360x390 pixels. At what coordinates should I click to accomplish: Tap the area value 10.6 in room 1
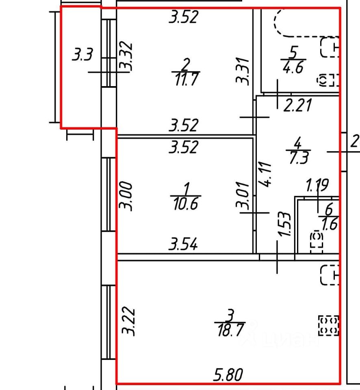(185, 203)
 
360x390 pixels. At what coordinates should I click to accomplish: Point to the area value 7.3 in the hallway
(297, 157)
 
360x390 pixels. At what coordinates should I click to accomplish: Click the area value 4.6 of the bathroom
(293, 67)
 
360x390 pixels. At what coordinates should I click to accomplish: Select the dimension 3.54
(184, 245)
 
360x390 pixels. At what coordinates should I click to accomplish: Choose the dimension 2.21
(297, 106)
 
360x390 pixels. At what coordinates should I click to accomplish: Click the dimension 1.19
(317, 186)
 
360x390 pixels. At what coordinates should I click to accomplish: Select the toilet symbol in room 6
(316, 240)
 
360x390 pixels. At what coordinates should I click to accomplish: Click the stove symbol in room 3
(328, 325)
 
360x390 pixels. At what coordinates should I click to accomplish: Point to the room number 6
(329, 210)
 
